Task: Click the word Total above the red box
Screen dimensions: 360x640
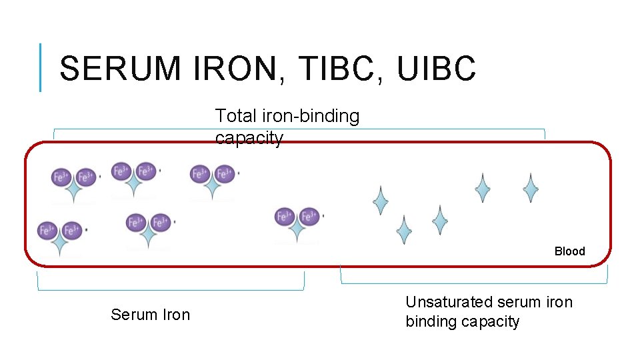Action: [235, 116]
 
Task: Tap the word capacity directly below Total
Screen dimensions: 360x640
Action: [249, 138]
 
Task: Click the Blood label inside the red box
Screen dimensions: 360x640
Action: [569, 251]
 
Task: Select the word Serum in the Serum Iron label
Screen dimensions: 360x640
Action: [131, 315]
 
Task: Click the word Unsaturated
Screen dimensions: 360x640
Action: [450, 302]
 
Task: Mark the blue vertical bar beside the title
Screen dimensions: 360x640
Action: [41, 67]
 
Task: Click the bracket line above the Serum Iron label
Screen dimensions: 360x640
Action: [171, 289]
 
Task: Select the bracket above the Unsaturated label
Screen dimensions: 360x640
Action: [475, 283]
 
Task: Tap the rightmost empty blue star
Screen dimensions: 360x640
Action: [531, 188]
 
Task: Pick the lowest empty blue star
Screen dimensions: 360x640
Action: [403, 230]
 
